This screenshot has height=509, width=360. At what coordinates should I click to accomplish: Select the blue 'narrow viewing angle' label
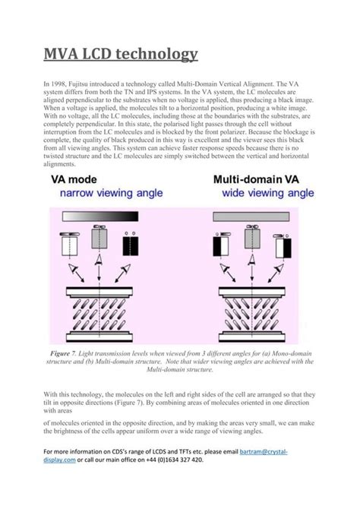103,194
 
